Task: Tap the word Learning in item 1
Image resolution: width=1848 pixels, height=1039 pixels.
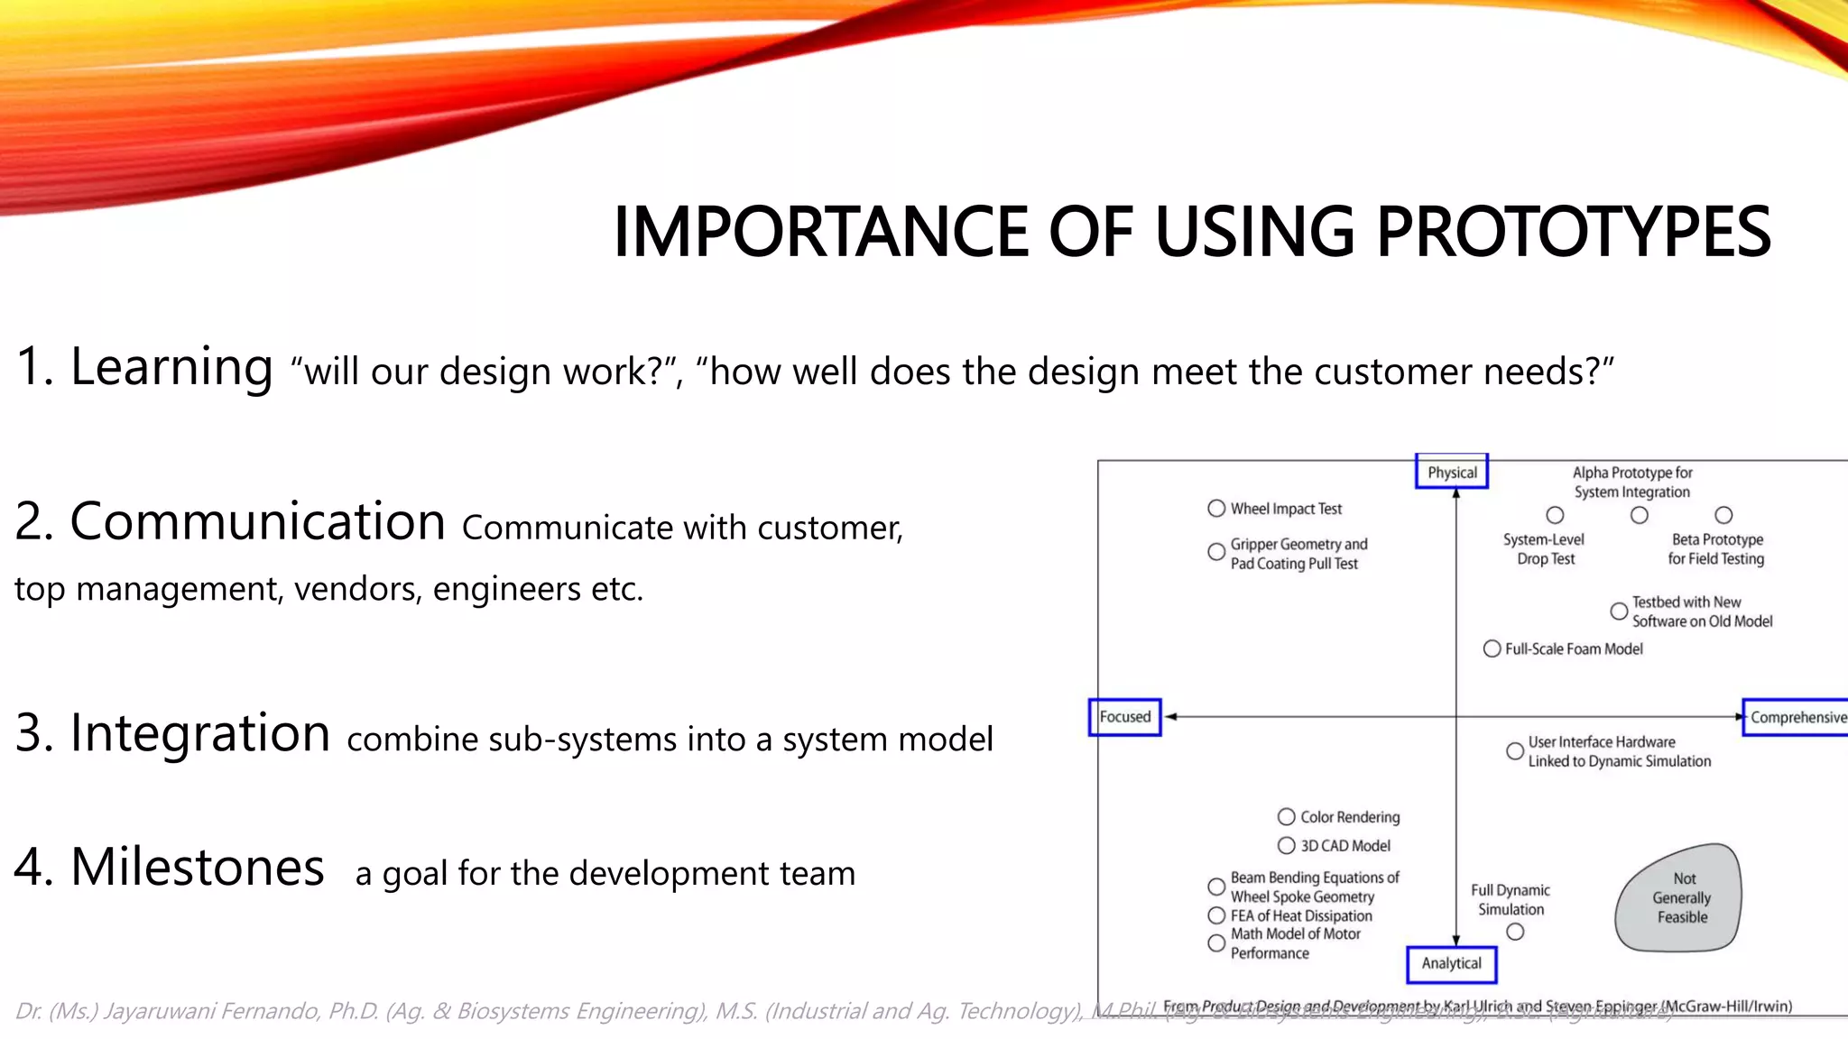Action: [x=171, y=367]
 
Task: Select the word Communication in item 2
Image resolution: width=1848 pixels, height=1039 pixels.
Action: [x=257, y=522]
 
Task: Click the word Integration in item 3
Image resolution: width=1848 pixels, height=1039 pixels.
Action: [x=199, y=732]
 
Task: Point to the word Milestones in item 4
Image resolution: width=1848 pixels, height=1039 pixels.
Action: [x=197, y=868]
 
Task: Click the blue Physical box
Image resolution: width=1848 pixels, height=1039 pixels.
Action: [x=1452, y=472]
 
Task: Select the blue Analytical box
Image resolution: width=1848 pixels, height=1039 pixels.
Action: [x=1451, y=963]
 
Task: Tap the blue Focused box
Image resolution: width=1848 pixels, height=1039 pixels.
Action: [x=1124, y=717]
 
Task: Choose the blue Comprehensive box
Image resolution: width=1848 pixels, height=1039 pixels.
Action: [x=1796, y=717]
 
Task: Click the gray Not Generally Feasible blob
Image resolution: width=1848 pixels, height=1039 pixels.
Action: [x=1680, y=898]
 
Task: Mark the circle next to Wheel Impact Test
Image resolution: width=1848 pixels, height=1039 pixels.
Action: [x=1216, y=509]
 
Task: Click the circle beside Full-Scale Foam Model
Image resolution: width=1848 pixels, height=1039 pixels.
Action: [x=1492, y=648]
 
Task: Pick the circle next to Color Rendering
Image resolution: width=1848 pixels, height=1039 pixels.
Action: [x=1286, y=816]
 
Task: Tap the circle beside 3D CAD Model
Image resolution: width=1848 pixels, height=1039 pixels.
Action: [x=1286, y=845]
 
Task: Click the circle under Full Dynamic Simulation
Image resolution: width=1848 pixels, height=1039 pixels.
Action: [x=1515, y=932]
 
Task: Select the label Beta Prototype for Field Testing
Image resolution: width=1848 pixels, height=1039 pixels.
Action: [x=1716, y=549]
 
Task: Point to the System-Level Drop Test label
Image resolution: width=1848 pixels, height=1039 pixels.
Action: [x=1544, y=549]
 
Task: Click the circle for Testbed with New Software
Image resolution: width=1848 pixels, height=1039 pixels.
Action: [x=1619, y=611]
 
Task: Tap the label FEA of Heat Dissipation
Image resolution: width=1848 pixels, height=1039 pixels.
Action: [x=1300, y=915]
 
